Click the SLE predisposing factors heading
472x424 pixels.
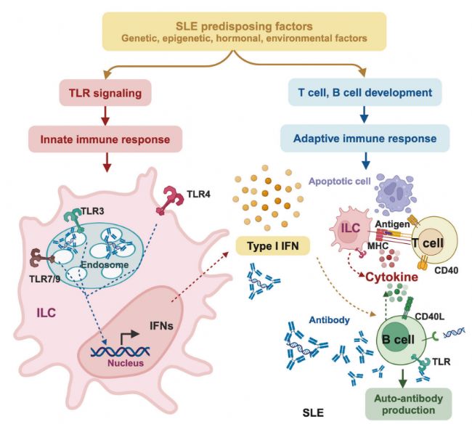[x=244, y=26]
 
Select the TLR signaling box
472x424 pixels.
[x=105, y=93]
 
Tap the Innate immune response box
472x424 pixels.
[x=105, y=139]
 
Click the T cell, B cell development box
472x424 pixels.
[x=365, y=92]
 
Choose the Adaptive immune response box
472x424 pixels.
[x=365, y=139]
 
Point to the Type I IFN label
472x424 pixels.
[x=273, y=246]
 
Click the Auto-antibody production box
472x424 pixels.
[x=409, y=404]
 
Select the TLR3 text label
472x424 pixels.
[x=92, y=211]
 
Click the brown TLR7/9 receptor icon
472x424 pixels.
[x=42, y=258]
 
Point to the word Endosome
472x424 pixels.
[x=105, y=264]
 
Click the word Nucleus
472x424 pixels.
[x=126, y=362]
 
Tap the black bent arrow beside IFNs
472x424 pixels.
[x=129, y=336]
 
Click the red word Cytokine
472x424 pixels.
[x=391, y=277]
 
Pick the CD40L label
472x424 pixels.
[x=430, y=317]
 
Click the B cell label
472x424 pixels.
[x=398, y=340]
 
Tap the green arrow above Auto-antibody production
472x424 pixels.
[x=402, y=378]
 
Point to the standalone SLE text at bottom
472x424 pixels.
[x=313, y=412]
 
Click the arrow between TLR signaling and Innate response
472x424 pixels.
[x=105, y=116]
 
